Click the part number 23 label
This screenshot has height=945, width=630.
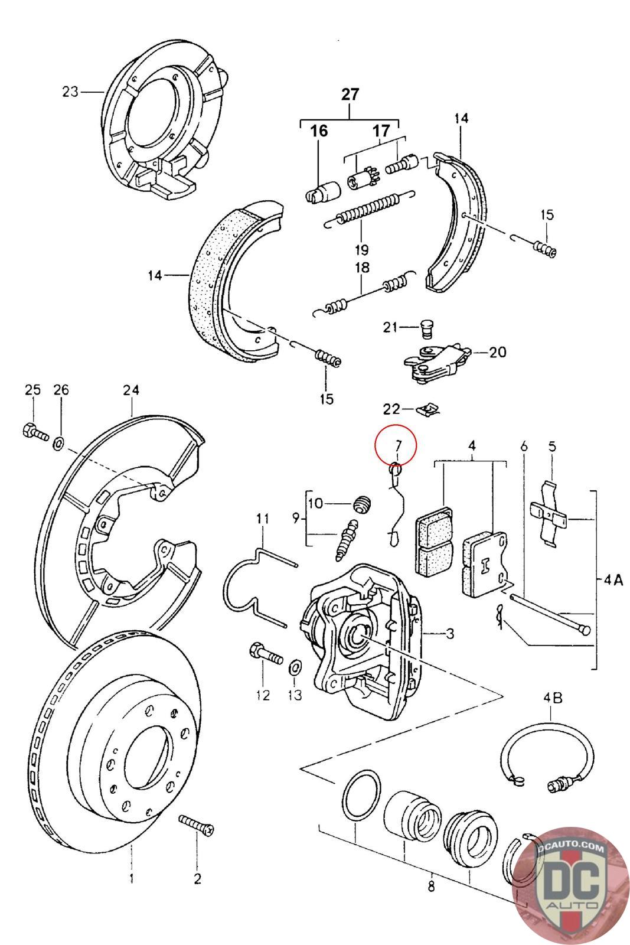click(x=70, y=92)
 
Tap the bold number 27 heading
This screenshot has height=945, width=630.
click(x=350, y=94)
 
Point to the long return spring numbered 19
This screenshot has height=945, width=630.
click(x=370, y=209)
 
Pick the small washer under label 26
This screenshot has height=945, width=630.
click(x=58, y=443)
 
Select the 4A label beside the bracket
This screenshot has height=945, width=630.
click(x=613, y=581)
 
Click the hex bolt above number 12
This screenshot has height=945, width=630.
click(x=266, y=653)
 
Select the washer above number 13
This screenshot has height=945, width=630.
click(x=295, y=667)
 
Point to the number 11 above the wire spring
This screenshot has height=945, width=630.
click(x=262, y=518)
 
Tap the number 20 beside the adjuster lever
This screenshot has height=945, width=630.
click(x=498, y=352)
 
